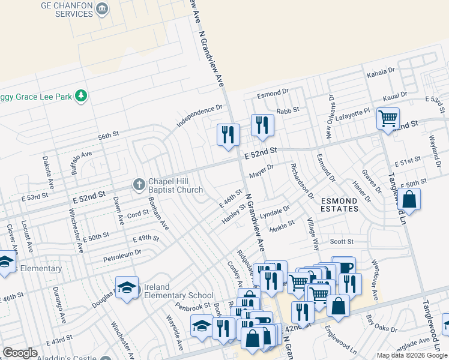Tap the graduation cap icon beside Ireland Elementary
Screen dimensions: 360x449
pyautogui.click(x=127, y=289)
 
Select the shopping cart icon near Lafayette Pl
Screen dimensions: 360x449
pyautogui.click(x=388, y=118)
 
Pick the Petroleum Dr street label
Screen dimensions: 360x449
pyautogui.click(x=122, y=253)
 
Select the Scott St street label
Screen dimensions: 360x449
pyautogui.click(x=342, y=242)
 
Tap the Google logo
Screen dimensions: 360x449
pyautogui.click(x=20, y=353)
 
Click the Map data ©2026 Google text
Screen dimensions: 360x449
pyautogui.click(x=412, y=355)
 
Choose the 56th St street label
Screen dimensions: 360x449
pyautogui.click(x=109, y=136)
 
